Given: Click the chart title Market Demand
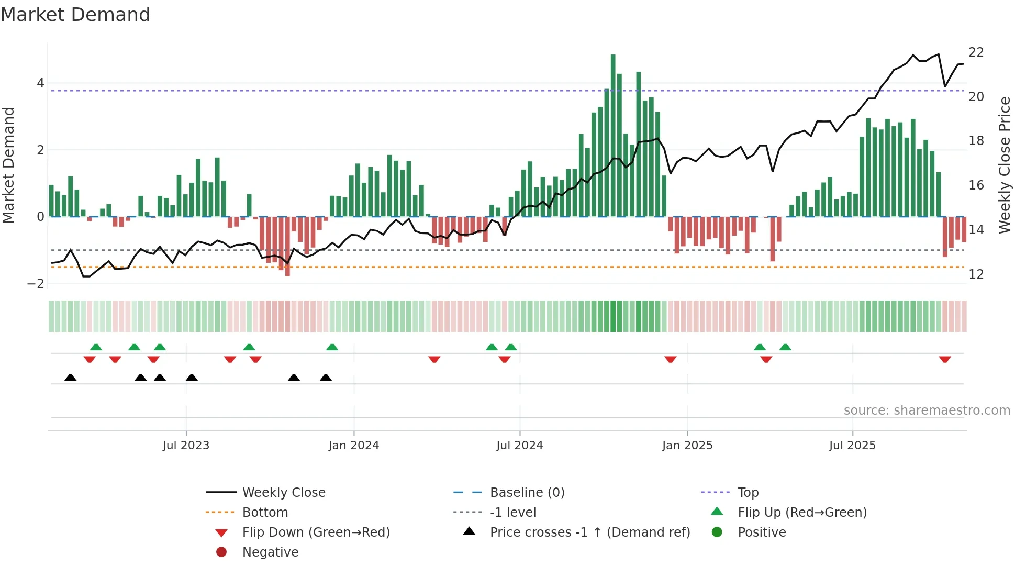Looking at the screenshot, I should [x=75, y=15].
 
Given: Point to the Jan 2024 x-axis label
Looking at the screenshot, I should [x=353, y=446].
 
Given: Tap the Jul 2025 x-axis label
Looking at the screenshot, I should [x=852, y=446].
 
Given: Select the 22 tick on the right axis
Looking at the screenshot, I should [x=976, y=52].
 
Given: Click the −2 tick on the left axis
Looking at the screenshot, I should [x=36, y=284].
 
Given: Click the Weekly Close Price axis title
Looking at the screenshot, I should [x=1004, y=165].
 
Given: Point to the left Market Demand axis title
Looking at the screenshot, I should [x=8, y=165].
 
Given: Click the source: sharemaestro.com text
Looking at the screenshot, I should [x=927, y=410].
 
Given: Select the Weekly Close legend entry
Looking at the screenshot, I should [x=283, y=493].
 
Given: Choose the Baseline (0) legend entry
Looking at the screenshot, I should [x=527, y=493].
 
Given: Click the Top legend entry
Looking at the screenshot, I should [x=748, y=493].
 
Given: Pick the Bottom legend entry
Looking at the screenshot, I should [x=265, y=513].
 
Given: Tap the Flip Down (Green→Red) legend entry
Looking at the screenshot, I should [x=316, y=532].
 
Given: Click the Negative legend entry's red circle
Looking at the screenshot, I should [x=221, y=552].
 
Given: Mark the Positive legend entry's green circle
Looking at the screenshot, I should [x=717, y=532].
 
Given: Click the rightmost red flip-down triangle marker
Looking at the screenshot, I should [x=945, y=359].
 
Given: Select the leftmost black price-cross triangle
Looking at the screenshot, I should [x=71, y=378].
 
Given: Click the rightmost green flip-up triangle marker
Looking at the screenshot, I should [x=785, y=347].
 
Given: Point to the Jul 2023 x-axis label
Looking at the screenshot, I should [x=186, y=446].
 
